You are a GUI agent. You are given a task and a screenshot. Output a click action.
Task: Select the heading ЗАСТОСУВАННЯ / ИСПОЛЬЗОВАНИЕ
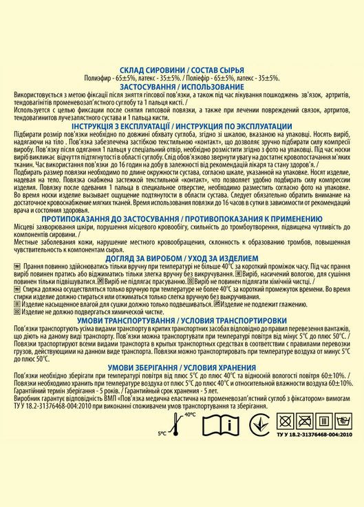[x=181, y=87]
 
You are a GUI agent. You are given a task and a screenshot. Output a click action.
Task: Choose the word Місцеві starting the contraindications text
[x=23, y=228]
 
